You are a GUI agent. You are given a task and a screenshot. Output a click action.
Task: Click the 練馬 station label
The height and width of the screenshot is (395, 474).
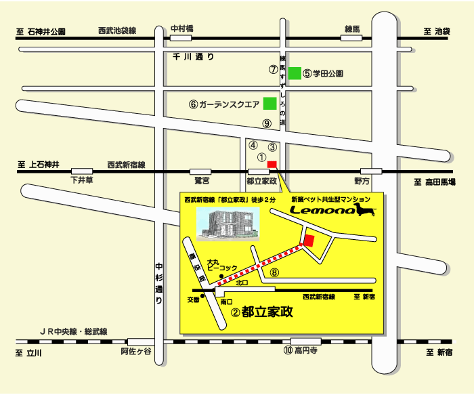pos(352,28)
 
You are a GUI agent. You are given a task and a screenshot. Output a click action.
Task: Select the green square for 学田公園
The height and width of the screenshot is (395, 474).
pos(295,73)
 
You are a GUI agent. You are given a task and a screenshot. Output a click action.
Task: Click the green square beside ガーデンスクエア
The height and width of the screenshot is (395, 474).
pos(270,104)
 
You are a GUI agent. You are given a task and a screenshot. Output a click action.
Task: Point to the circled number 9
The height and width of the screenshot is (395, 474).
pos(267,123)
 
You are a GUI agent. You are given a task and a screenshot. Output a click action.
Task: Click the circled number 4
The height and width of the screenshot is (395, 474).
pos(253,145)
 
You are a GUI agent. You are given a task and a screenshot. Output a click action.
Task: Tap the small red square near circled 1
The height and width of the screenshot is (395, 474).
pos(272,164)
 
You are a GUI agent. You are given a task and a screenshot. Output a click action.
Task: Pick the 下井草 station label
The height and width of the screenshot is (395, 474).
pos(83,181)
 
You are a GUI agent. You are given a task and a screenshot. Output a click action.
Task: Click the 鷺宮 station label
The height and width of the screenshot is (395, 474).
pos(202,181)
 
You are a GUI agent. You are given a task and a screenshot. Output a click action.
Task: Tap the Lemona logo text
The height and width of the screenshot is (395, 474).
pos(324,211)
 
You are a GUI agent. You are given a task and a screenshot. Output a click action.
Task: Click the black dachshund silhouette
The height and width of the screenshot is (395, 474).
pos(366,212)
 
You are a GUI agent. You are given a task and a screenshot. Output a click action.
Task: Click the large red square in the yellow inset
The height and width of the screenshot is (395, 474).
pos(309,240)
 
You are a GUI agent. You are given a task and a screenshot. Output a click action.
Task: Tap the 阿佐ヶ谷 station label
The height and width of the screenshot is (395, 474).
pos(137,352)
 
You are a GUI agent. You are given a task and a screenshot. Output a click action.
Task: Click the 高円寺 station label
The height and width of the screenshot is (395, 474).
pos(300,350)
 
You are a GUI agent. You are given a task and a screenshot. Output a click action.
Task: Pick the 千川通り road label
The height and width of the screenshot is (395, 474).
pos(193,58)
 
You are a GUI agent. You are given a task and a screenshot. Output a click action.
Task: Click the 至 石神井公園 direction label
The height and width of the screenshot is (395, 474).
pos(41,32)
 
